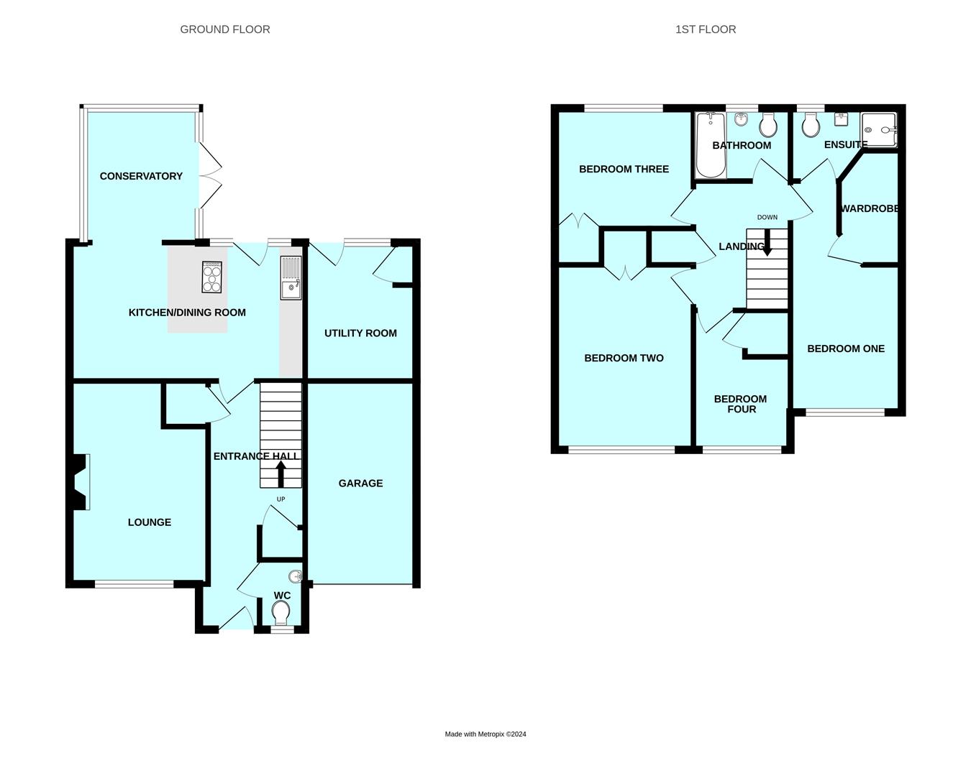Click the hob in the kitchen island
click(212, 277)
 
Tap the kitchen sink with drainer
click(291, 278)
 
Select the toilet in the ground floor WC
click(281, 613)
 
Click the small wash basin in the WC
click(295, 576)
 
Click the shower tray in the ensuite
click(879, 130)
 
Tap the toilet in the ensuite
click(811, 126)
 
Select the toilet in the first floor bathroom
click(767, 126)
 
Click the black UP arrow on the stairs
click(281, 474)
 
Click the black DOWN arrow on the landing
click(767, 243)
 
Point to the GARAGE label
click(360, 484)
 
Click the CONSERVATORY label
click(141, 176)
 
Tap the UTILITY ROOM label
click(360, 333)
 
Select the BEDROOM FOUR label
click(740, 404)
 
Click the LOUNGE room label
click(150, 522)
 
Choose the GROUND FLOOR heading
click(225, 29)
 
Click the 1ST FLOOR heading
click(706, 29)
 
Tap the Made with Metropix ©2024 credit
click(485, 734)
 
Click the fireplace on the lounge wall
click(81, 482)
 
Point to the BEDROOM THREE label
click(624, 170)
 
